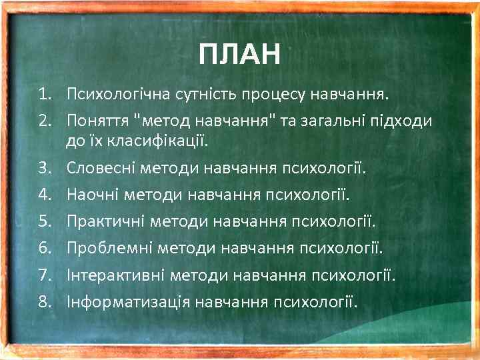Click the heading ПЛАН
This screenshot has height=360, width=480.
point(240,54)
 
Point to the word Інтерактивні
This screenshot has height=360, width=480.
point(115,275)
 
